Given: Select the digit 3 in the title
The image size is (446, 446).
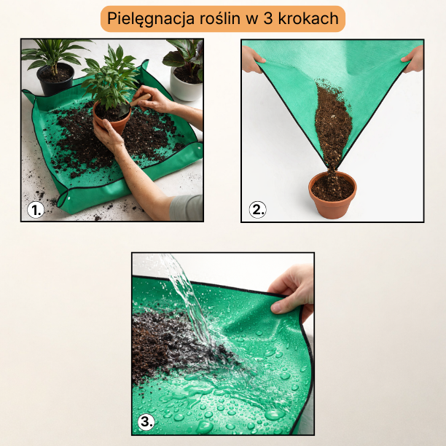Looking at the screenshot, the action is click(268, 18).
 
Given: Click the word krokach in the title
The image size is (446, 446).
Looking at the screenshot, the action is click(308, 18).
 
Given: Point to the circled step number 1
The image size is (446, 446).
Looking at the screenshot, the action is click(36, 210).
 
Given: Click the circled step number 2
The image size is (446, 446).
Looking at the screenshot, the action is click(257, 210).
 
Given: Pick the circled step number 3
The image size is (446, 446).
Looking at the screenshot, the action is click(146, 422).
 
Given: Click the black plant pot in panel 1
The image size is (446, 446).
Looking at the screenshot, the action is click(55, 79).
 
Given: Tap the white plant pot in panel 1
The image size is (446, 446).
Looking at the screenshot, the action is click(186, 85).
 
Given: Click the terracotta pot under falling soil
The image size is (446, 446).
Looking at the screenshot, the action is click(332, 195).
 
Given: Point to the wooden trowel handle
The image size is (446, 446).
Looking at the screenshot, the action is click(140, 101).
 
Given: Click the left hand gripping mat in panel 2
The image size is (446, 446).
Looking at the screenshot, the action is click(253, 60).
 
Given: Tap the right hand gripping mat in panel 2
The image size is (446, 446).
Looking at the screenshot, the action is click(413, 59).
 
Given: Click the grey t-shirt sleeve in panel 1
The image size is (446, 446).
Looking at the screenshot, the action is click(187, 208).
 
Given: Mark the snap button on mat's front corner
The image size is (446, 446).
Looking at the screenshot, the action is click(68, 199).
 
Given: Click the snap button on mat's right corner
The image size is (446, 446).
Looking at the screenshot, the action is click(198, 148).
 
